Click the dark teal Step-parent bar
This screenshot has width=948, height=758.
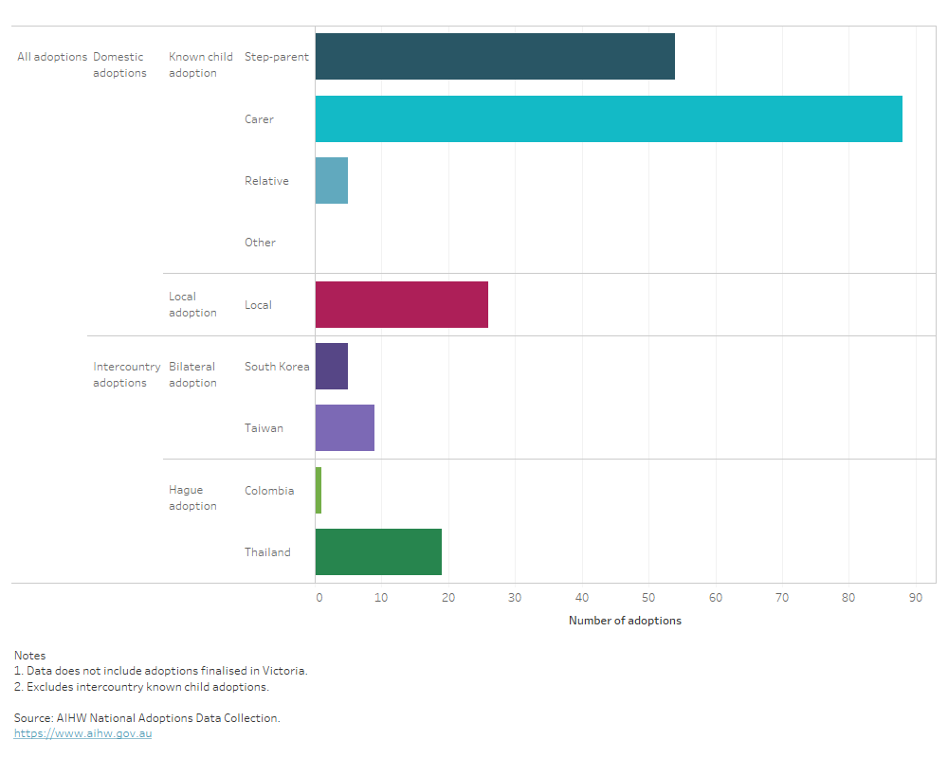coord(495,57)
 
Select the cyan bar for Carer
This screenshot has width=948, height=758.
coord(609,119)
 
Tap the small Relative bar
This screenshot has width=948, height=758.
coord(332,181)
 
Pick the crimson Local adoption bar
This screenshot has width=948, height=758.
coord(402,305)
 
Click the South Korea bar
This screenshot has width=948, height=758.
coord(332,367)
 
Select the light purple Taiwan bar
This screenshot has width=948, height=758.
coord(345,428)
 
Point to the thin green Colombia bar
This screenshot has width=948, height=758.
coord(319,491)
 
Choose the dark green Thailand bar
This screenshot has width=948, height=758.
coord(378,552)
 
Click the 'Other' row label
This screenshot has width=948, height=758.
coord(260,243)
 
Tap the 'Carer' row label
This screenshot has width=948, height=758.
coord(259,119)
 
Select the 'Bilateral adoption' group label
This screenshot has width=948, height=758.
coord(192,374)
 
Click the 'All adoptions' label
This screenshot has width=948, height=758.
coord(52,57)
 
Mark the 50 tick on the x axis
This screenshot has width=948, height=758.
coord(648,598)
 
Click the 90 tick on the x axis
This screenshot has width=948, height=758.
coord(915,598)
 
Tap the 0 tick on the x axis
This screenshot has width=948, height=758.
coord(319,598)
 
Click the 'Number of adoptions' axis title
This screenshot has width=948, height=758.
coord(625,621)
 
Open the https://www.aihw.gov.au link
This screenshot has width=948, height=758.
coord(82,733)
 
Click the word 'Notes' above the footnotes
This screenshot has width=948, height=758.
coord(29,655)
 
